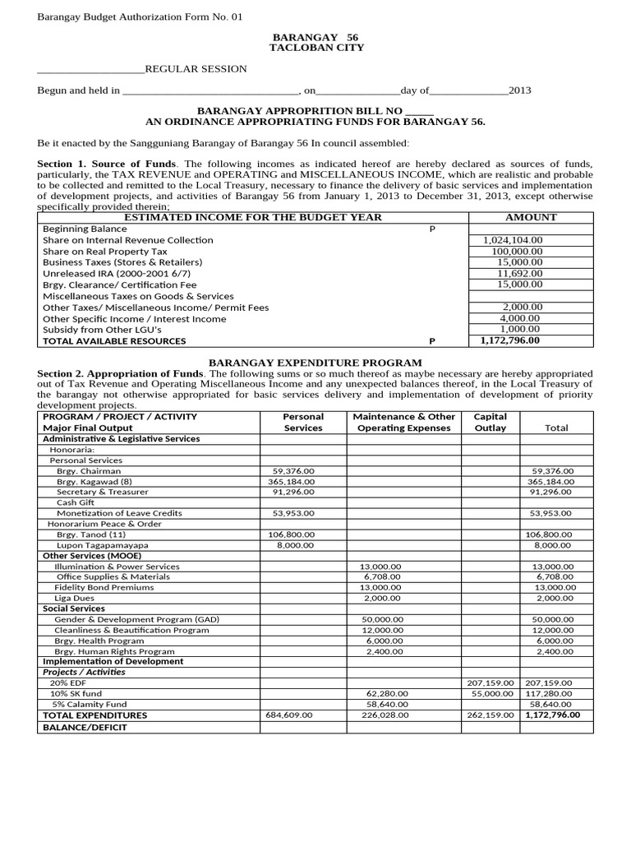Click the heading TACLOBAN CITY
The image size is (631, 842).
tap(315, 48)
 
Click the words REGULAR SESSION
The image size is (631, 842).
tap(196, 69)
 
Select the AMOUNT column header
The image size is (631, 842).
tap(531, 217)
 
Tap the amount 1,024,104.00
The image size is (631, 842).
tap(518, 240)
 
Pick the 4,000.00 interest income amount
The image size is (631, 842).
tap(519, 317)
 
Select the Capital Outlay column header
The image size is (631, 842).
tap(490, 422)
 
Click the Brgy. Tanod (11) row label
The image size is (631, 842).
tap(91, 534)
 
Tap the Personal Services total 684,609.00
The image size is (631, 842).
tap(289, 715)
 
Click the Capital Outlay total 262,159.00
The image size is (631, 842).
tap(490, 715)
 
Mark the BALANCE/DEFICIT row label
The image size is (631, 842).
tap(81, 728)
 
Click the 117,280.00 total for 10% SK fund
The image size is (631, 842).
tap(550, 694)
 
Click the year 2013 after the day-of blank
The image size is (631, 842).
tap(520, 90)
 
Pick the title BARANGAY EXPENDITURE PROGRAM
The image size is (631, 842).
tap(315, 363)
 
